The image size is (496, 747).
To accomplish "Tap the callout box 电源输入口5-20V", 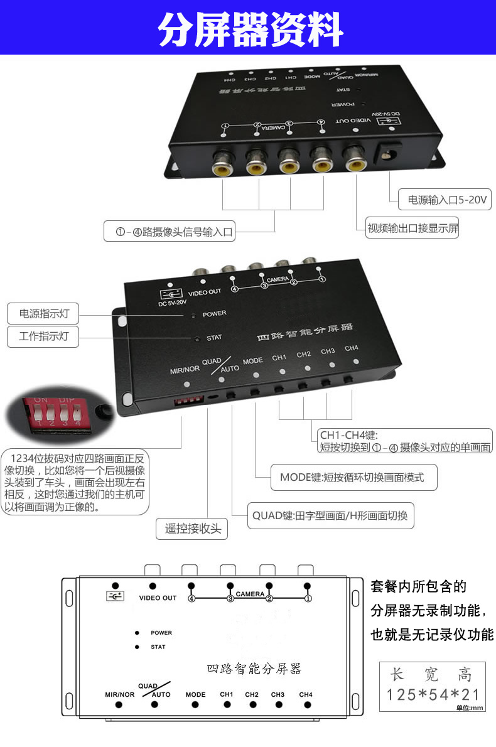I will coord(445,201).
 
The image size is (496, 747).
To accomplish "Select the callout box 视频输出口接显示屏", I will coord(412,229).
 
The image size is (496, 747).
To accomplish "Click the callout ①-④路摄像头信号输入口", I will coord(174,232).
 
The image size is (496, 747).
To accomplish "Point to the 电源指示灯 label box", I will coord(43,313).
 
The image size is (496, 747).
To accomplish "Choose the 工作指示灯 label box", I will coord(43,337).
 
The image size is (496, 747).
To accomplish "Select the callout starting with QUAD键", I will coord(330,516).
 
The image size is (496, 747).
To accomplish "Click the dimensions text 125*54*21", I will coord(433,695).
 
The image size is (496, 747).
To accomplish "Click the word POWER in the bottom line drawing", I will coord(161,633).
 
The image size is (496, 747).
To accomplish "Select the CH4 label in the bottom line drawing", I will coord(306,694).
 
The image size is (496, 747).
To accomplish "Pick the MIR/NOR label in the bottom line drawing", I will coord(119,695).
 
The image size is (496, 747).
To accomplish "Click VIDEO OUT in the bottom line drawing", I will coord(158,598).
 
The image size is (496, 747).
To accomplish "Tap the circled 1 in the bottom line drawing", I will coord(308,598).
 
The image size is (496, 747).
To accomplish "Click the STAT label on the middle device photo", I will coord(214,338).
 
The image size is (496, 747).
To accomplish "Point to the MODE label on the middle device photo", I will coord(252,361).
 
